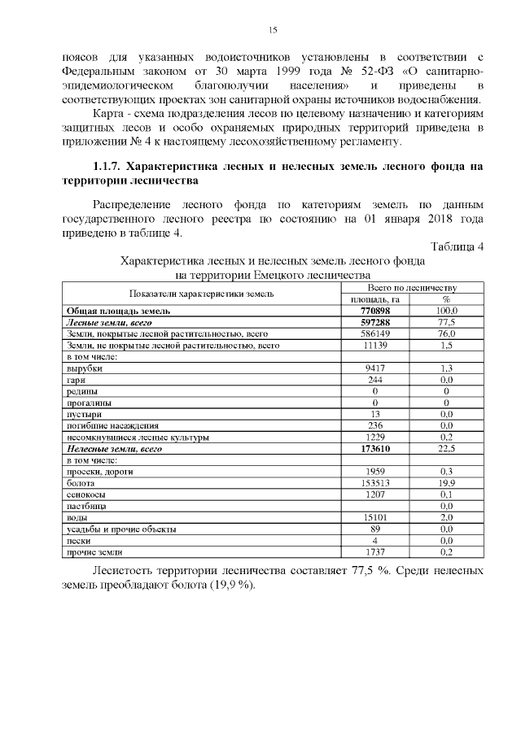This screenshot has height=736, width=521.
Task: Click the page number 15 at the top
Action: tap(273, 30)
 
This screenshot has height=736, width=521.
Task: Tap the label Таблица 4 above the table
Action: tap(457, 246)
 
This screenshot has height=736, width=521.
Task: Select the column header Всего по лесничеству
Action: tap(412, 288)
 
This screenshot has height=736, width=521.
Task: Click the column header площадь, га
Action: tap(375, 299)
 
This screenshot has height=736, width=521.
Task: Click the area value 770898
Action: tap(375, 311)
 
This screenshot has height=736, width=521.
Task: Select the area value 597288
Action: tap(375, 322)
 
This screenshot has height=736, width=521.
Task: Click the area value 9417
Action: tap(375, 368)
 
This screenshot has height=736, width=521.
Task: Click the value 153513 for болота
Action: tap(375, 483)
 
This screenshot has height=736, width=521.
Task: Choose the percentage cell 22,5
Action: tap(446, 448)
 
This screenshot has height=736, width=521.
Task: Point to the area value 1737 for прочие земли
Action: tap(375, 551)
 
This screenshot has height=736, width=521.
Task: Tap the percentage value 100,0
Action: tap(446, 311)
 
